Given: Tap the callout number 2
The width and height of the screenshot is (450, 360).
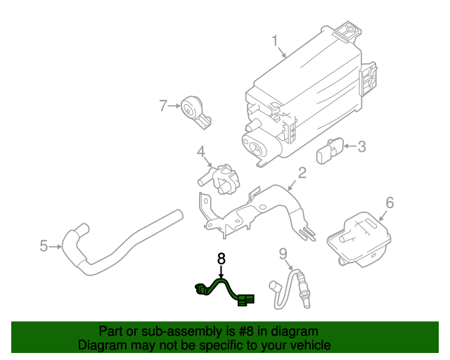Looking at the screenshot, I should [302, 173].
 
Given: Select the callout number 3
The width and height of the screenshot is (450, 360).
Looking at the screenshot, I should [361, 147].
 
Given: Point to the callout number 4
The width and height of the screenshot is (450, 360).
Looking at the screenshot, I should [200, 152].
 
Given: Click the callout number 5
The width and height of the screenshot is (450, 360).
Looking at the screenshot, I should [44, 246].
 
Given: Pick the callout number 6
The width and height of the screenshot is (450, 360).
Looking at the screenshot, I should [390, 203].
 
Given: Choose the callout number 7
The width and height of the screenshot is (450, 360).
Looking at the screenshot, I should [163, 106].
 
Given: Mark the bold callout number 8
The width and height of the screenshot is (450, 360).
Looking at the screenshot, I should [221, 259].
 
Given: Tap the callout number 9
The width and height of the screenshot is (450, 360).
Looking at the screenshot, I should [283, 254].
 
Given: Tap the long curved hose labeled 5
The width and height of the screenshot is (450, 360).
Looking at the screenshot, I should [120, 243].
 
